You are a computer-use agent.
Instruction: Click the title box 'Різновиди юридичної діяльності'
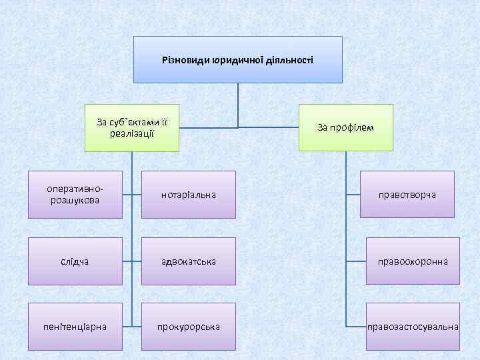pos(237,60)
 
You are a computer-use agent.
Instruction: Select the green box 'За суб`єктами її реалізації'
pos(132,127)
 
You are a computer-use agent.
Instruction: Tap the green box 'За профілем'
pos(346,127)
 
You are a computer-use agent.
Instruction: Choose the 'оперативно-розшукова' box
pos(75,195)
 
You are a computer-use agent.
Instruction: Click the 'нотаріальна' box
pos(189,195)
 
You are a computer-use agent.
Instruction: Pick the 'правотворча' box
pos(407,195)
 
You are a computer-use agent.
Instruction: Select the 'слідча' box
pos(75,261)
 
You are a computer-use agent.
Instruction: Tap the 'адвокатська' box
pos(189,261)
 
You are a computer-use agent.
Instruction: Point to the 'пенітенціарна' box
pos(75,327)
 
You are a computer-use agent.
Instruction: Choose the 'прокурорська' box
pos(189,327)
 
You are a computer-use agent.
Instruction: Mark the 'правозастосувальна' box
pos(413,327)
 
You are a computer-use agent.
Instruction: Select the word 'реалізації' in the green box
pos(132,134)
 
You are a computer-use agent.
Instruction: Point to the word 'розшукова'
pos(75,200)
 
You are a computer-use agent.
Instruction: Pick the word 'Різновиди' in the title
pos(185,60)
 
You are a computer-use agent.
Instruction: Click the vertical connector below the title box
pos(238,103)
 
